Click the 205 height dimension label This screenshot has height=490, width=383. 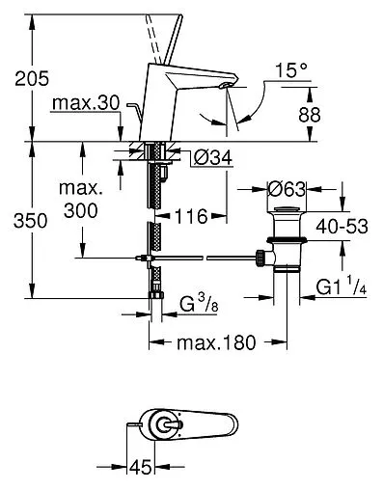click(x=32, y=78)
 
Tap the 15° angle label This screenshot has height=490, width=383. click(x=291, y=70)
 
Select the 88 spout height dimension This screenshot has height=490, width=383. click(x=310, y=115)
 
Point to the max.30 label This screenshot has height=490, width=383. click(x=86, y=103)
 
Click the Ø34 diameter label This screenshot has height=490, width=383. click(x=213, y=158)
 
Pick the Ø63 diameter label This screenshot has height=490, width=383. click(x=287, y=189)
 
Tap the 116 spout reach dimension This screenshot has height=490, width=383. click(x=191, y=216)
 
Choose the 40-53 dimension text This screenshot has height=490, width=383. click(x=342, y=227)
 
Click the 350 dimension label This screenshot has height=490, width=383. click(x=31, y=221)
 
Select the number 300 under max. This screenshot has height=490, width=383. click(x=81, y=211)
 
